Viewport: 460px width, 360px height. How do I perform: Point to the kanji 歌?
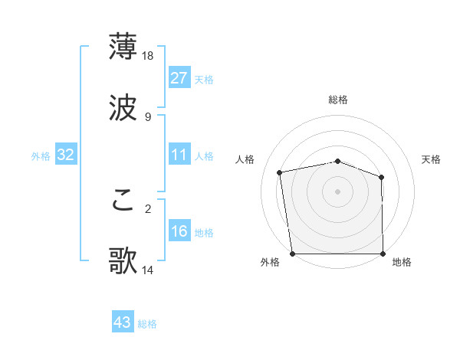coord(123,260)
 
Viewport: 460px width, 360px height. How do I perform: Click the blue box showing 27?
coord(179,78)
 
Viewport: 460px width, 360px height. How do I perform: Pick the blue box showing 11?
coord(179,155)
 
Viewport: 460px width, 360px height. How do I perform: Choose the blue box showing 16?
coord(179,232)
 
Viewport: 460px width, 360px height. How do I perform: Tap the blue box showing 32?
coord(66,155)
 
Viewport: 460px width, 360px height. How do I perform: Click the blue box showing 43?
coord(123,323)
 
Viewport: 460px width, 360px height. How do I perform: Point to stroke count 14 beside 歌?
coord(149,270)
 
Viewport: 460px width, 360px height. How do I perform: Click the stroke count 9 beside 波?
coord(147,117)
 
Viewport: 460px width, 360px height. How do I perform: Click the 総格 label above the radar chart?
coord(338,100)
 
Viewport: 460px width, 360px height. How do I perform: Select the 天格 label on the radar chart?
coord(432,159)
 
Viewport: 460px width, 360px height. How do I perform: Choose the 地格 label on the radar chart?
coord(402,263)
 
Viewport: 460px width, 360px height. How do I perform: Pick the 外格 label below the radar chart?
coord(270,263)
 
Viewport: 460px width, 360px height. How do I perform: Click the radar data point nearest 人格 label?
coord(281,172)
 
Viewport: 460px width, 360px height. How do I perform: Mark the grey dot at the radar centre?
coord(337,191)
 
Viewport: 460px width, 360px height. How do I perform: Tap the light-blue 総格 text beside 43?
coord(148,324)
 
